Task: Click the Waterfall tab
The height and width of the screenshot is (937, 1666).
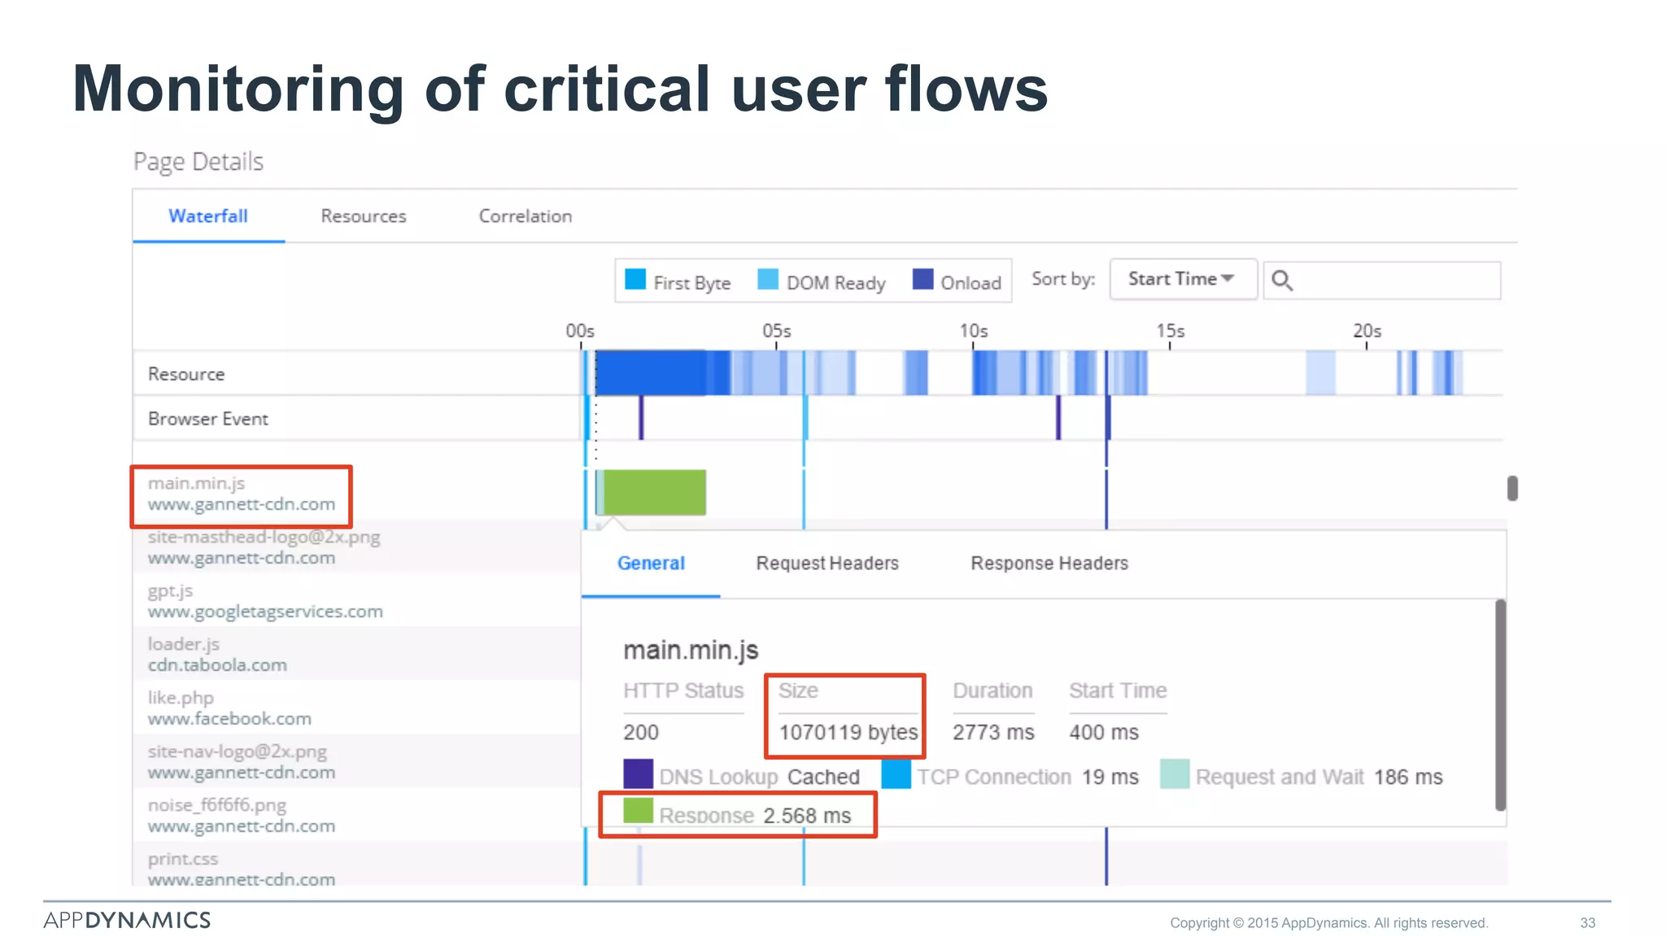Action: pyautogui.click(x=207, y=216)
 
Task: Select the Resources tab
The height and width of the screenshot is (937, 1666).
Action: pyautogui.click(x=363, y=216)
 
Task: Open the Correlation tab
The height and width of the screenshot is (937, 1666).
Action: pyautogui.click(x=525, y=216)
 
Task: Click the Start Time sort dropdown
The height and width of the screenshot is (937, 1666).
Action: pyautogui.click(x=1182, y=279)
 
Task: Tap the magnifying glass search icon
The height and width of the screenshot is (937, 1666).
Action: pyautogui.click(x=1282, y=281)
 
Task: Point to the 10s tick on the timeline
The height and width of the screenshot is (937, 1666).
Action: pyautogui.click(x=973, y=332)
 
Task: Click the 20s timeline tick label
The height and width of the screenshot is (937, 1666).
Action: pyautogui.click(x=1367, y=332)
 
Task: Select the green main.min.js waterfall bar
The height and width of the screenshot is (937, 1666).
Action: pyautogui.click(x=654, y=492)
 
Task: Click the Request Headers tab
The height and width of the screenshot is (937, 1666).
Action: pyautogui.click(x=827, y=563)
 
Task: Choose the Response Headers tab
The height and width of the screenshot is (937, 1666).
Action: pyautogui.click(x=1049, y=563)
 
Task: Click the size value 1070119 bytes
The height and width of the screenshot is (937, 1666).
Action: pyautogui.click(x=848, y=732)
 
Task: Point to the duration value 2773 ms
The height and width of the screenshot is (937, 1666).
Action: pyautogui.click(x=993, y=732)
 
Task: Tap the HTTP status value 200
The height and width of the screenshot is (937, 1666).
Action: pyautogui.click(x=641, y=732)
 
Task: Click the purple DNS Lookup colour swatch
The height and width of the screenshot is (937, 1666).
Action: pyautogui.click(x=638, y=774)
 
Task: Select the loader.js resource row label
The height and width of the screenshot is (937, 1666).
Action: pyautogui.click(x=216, y=654)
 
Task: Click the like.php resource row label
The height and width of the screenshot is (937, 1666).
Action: pyautogui.click(x=229, y=708)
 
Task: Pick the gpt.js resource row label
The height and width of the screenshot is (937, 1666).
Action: pyautogui.click(x=264, y=600)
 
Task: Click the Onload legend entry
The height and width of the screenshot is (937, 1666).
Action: pyautogui.click(x=957, y=281)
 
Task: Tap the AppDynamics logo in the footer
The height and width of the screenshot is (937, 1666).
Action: pyautogui.click(x=127, y=920)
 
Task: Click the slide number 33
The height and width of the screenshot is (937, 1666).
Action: pyautogui.click(x=1587, y=922)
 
